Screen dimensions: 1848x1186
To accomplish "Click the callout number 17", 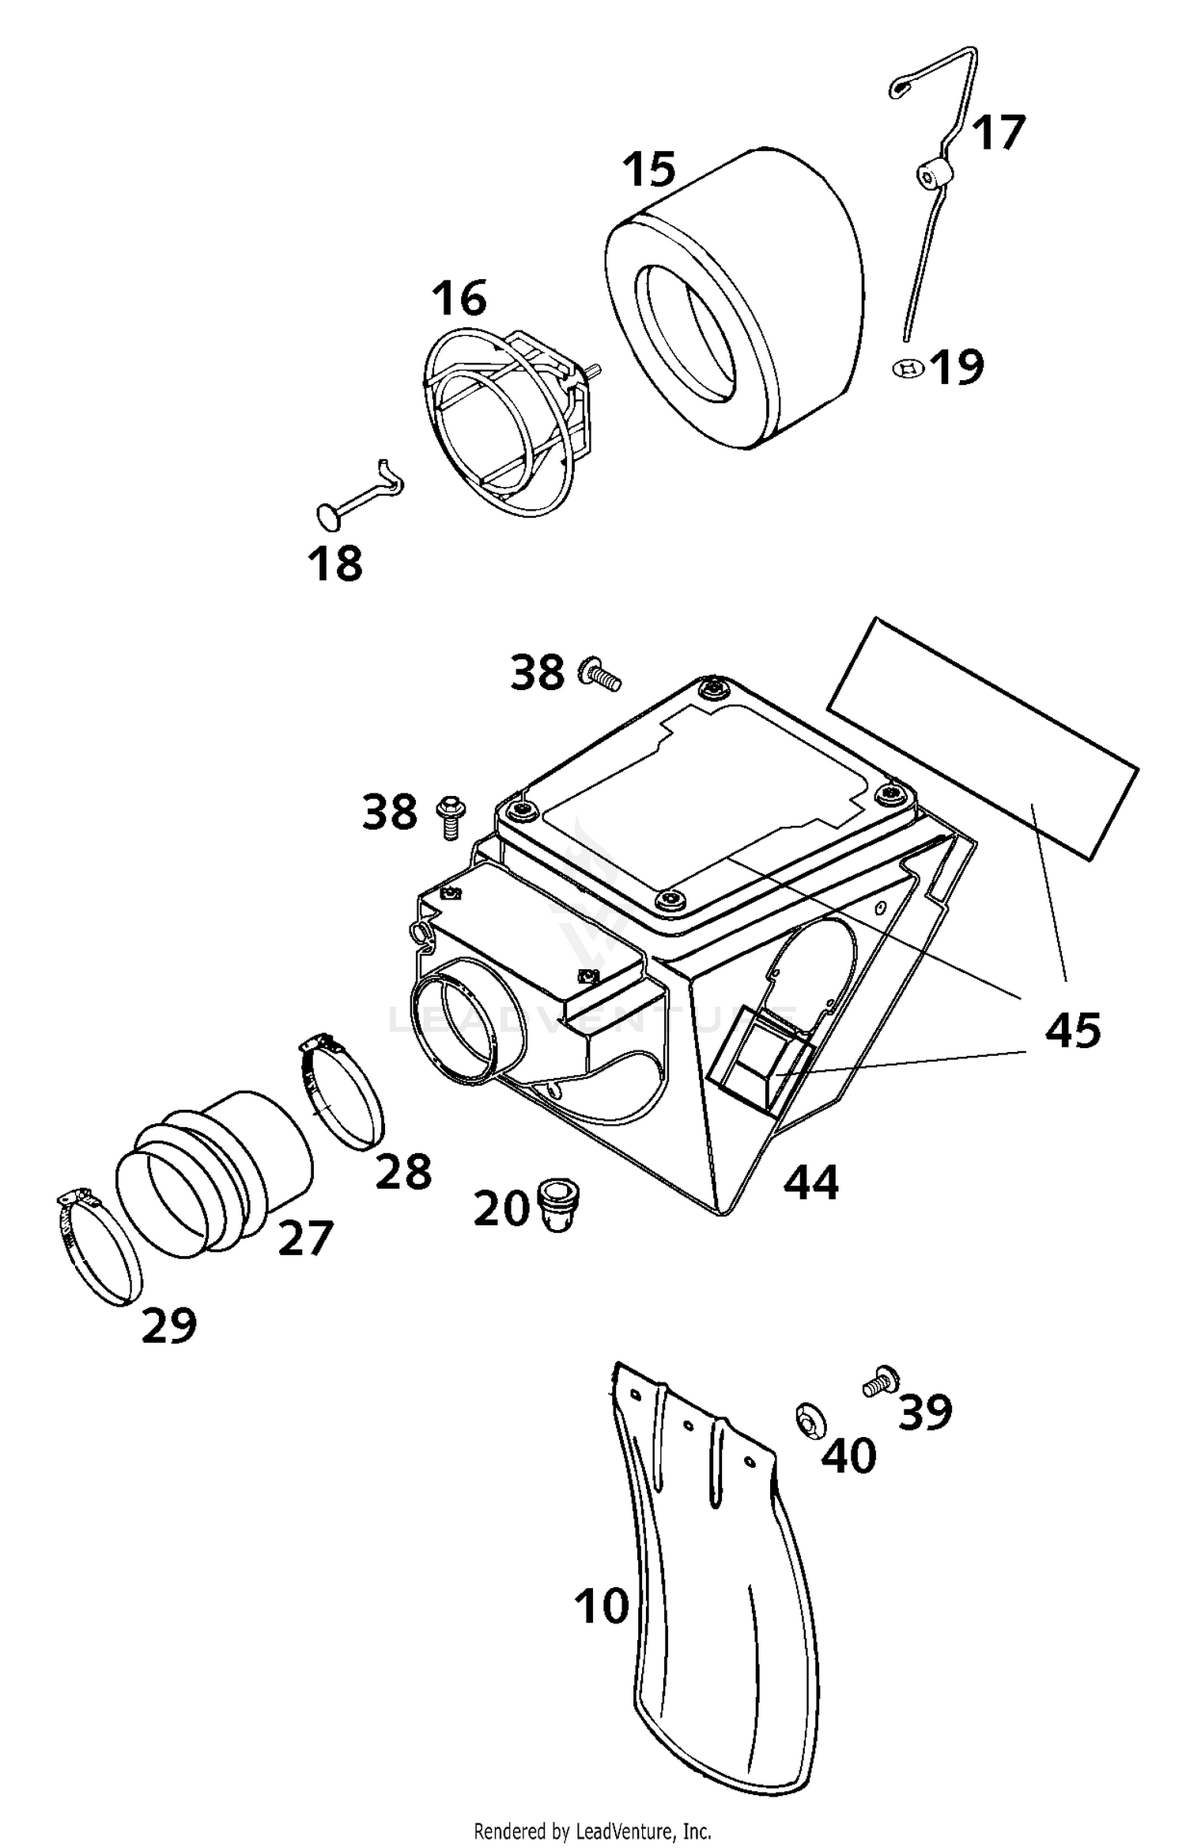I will (998, 133).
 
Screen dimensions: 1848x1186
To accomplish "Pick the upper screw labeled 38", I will (602, 675).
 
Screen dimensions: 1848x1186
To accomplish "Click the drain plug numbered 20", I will (558, 1204).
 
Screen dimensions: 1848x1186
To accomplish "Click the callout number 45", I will (1072, 1030).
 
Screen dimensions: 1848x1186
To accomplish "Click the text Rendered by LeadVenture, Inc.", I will (592, 1831).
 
